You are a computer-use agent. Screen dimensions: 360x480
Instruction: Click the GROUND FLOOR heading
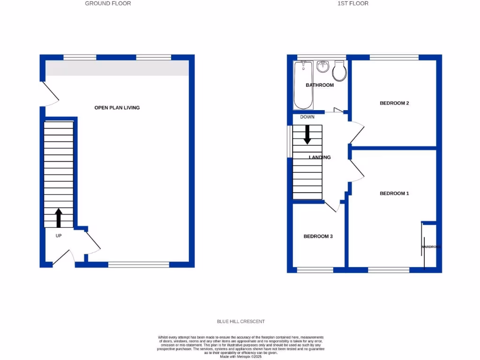(108, 3)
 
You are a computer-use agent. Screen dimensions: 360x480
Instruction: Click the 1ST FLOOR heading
(353, 3)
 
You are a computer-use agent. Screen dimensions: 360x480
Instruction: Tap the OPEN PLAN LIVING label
(117, 108)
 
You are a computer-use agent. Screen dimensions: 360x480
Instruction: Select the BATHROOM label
(320, 85)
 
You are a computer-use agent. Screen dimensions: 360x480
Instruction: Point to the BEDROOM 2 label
(395, 103)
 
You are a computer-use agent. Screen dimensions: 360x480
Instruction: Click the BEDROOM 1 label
(394, 194)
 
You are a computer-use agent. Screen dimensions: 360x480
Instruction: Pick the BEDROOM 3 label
(318, 236)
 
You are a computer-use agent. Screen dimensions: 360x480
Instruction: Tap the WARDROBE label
(431, 247)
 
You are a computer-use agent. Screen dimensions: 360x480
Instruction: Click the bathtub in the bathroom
(303, 84)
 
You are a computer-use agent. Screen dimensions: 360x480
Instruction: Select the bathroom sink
(322, 67)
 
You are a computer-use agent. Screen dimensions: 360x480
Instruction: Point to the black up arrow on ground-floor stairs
(59, 218)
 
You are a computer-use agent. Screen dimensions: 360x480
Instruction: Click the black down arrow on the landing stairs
(307, 134)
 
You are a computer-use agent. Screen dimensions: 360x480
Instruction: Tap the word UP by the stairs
(59, 236)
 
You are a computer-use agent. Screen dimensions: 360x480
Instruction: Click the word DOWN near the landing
(307, 117)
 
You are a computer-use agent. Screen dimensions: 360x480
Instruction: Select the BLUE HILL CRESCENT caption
(240, 322)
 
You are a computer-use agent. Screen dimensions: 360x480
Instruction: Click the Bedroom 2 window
(394, 58)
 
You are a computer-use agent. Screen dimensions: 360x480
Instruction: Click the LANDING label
(320, 157)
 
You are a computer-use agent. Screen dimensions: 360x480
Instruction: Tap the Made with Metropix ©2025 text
(240, 356)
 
